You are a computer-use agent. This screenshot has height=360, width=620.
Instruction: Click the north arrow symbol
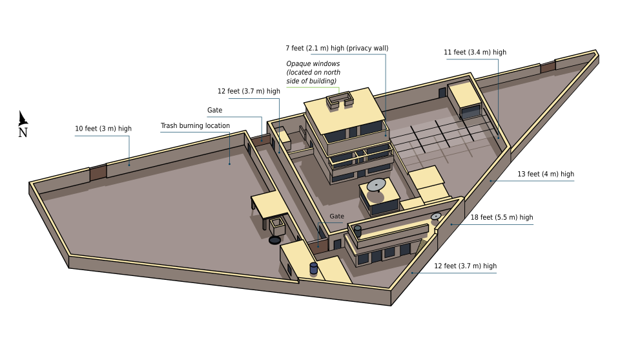click(x=23, y=118)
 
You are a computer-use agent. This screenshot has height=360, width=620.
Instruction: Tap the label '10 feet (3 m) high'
click(x=103, y=129)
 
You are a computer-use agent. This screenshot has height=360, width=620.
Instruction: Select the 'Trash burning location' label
click(x=195, y=126)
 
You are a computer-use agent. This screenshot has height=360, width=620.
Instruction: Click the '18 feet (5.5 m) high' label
click(x=501, y=217)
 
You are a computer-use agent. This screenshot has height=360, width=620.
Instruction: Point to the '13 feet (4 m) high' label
click(x=546, y=174)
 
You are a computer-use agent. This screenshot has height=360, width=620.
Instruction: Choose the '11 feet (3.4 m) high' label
click(x=475, y=52)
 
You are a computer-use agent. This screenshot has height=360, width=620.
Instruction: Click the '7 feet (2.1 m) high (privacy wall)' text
click(x=337, y=48)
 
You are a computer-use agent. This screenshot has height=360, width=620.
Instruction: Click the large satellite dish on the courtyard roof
click(x=376, y=185)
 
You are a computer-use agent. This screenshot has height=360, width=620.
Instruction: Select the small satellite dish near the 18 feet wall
click(x=436, y=216)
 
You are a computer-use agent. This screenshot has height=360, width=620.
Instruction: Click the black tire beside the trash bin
click(x=275, y=240)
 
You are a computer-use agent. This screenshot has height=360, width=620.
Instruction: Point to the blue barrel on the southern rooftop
click(x=314, y=268)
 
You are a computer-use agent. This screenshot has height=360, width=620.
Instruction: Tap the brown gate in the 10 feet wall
click(x=98, y=172)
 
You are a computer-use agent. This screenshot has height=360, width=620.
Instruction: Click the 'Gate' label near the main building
click(x=337, y=217)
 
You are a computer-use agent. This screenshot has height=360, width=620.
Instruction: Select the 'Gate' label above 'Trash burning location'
click(x=214, y=111)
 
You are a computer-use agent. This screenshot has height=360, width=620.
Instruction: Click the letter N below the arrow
click(x=23, y=132)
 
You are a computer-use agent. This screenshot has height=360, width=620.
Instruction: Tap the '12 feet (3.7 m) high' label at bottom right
click(x=465, y=266)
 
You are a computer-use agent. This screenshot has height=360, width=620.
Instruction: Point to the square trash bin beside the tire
click(x=278, y=226)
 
